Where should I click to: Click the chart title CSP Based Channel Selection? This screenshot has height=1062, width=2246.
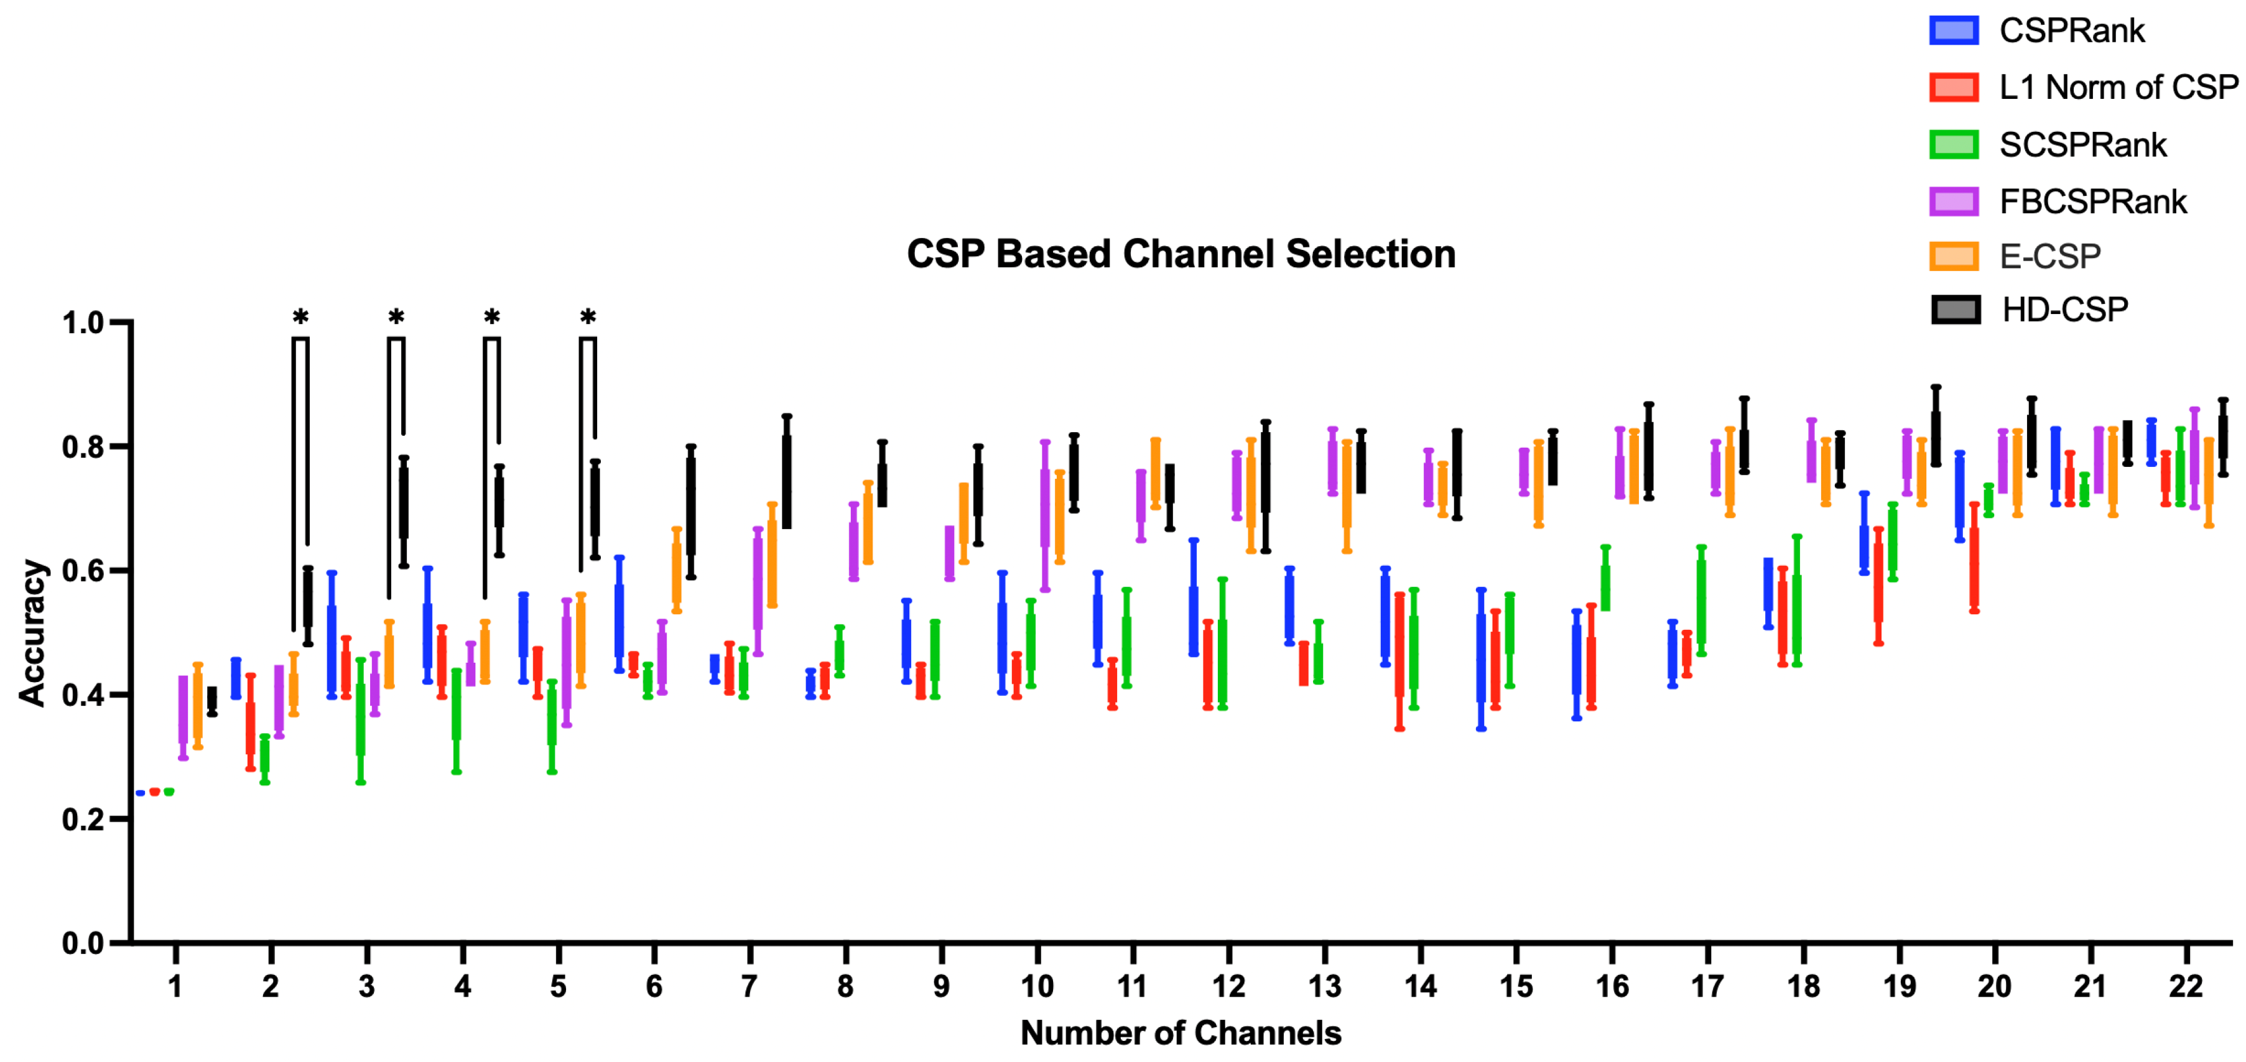point(1181,254)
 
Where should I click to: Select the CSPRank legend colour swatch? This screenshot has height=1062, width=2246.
point(1953,30)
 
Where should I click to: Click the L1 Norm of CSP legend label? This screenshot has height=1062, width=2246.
point(2118,87)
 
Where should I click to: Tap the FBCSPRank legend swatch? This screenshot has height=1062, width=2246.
point(1953,201)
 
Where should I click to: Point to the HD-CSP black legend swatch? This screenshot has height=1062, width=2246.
point(1955,310)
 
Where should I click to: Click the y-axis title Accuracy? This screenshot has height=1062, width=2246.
point(32,632)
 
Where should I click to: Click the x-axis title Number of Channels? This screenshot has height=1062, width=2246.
point(1181,1033)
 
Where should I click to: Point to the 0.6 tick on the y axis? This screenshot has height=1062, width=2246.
point(83,571)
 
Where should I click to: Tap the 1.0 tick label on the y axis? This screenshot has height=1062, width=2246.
point(83,323)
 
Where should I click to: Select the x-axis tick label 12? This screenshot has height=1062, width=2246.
point(1228,987)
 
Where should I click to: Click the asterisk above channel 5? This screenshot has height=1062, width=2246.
point(588,317)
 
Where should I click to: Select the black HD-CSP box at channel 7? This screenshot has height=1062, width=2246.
point(786,481)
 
